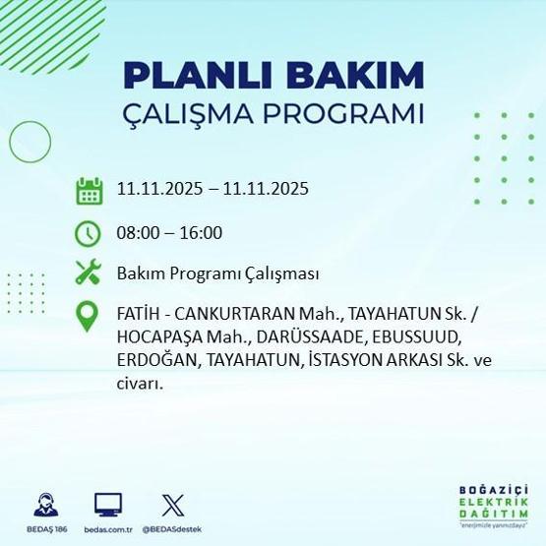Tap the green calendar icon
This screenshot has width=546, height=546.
[90, 191]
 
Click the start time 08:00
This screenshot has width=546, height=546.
[139, 233]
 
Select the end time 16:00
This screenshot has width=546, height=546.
[202, 233]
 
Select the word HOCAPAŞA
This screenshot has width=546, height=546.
[152, 339]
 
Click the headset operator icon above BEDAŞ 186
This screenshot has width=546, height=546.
[45, 505]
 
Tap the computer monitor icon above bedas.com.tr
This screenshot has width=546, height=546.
[108, 505]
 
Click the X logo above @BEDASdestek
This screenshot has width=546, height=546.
[171, 505]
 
